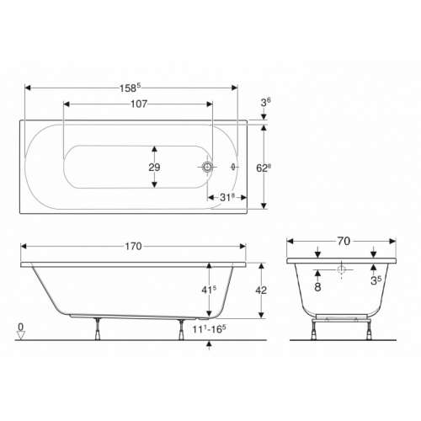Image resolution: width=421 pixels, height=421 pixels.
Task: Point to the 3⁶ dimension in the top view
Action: click(266, 103)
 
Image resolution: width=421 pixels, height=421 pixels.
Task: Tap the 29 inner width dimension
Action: click(154, 168)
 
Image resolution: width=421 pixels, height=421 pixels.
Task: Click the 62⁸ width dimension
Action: click(264, 168)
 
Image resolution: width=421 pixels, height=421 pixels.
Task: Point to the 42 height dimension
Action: click(261, 289)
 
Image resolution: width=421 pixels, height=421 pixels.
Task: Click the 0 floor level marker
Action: click(20, 325)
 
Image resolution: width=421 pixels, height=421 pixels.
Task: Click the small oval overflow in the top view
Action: click(233, 168)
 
